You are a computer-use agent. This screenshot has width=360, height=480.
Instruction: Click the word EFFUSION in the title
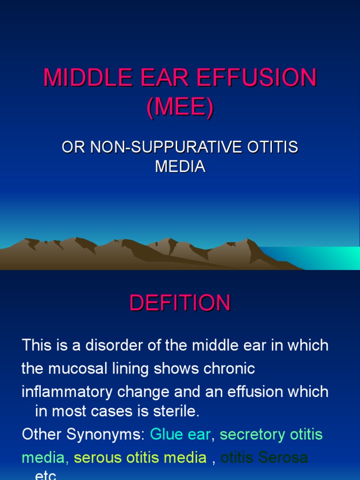(256, 78)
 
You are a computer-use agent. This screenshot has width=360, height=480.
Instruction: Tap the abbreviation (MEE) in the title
(180, 107)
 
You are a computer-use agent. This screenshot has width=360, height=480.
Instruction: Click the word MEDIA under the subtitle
(180, 166)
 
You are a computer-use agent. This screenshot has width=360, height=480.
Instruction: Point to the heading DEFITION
(180, 303)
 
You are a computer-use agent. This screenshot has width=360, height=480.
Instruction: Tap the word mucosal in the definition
(82, 369)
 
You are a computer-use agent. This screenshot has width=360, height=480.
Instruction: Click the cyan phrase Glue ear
(180, 435)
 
